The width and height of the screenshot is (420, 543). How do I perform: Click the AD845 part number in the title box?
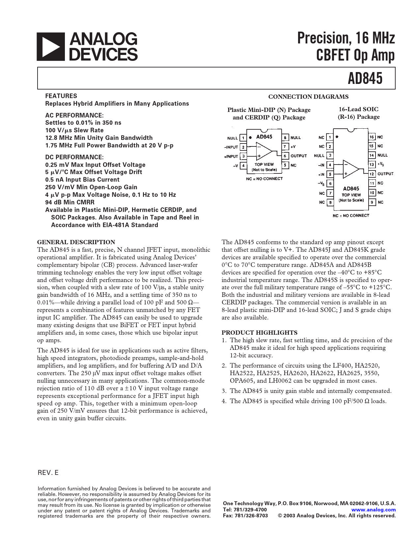tap(365, 78)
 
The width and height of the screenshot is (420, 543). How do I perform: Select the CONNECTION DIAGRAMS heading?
tap(308, 97)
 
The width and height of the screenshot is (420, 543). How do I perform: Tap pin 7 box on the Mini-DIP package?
tap(285, 146)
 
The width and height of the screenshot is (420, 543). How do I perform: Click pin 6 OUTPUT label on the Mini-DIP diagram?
tap(298, 156)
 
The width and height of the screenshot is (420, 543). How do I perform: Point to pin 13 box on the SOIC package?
tap(372, 164)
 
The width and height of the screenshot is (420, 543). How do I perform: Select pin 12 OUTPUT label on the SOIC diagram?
tap(385, 174)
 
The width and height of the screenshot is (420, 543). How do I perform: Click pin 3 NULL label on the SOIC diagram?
tap(319, 156)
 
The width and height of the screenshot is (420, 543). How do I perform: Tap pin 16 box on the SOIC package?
tap(372, 137)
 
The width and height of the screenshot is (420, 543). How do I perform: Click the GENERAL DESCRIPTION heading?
tap(76, 242)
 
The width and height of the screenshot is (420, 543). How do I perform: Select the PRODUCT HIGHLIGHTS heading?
tap(259, 333)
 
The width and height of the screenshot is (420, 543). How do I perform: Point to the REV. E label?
tap(48, 473)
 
